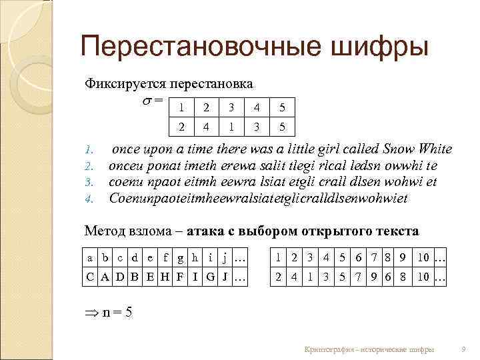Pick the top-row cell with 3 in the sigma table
tap(231, 107)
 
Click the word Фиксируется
tap(125, 85)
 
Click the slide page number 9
tap(463, 349)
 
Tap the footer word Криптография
tap(327, 349)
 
